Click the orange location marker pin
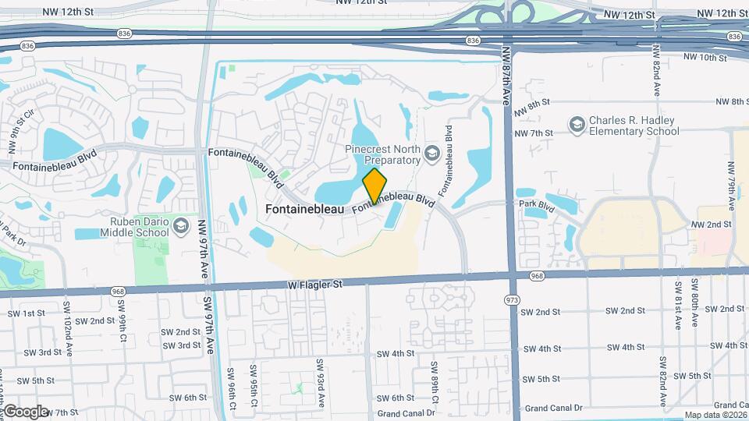(x=374, y=186)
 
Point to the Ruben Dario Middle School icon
(x=181, y=226)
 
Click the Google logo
(x=26, y=411)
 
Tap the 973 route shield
(x=513, y=300)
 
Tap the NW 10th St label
(x=705, y=57)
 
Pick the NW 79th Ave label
(x=732, y=186)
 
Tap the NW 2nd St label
(x=711, y=224)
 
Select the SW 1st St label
(x=27, y=313)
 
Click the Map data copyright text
(x=713, y=415)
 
